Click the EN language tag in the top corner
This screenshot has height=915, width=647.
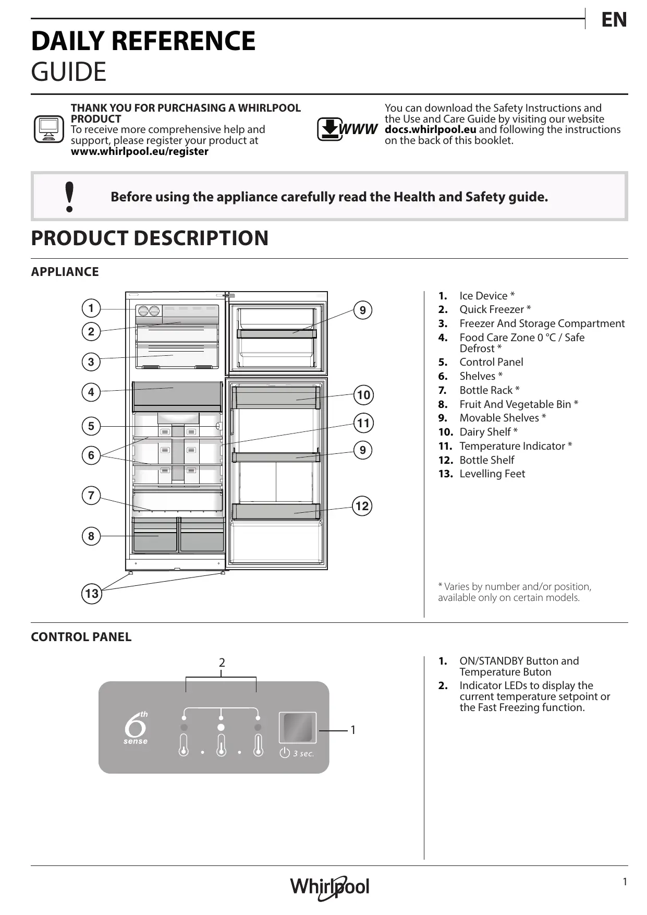614,20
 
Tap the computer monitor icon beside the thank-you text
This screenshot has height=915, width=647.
48,129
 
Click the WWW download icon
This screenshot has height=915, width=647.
347,129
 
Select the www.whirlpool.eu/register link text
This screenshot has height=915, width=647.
139,152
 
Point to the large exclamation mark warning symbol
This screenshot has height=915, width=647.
69,197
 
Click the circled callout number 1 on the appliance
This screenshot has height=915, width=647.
91,308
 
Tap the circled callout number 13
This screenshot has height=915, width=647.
92,594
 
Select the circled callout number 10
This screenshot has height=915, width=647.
363,395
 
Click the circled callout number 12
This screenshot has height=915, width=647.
362,506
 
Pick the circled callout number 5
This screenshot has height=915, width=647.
91,426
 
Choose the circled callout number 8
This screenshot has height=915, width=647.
91,536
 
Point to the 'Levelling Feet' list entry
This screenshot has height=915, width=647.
492,474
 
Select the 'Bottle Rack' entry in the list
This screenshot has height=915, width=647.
489,390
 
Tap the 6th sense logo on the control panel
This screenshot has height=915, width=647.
136,727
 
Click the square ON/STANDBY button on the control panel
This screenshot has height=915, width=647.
297,727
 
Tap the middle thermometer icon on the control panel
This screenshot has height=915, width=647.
221,745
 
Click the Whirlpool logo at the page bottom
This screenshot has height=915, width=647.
329,886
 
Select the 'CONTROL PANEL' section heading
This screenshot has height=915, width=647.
81,637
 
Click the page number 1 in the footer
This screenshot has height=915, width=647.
625,882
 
